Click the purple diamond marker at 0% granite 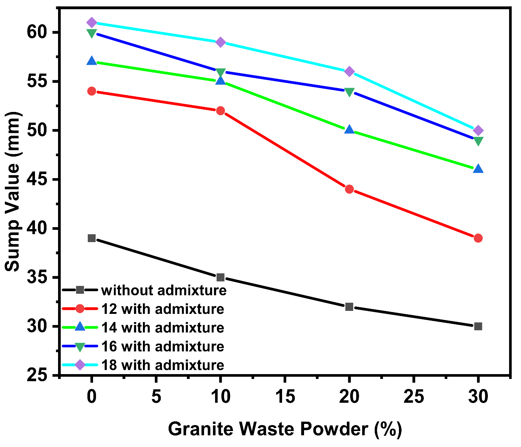[x=92, y=23]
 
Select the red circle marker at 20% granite [x=349, y=189]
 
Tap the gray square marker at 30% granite [x=478, y=326]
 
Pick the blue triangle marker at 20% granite [x=349, y=130]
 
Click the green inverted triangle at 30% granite [x=478, y=141]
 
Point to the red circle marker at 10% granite [x=220, y=110]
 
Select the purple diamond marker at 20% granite [x=349, y=71]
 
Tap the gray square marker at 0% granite [x=92, y=238]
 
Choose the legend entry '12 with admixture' [x=163, y=309]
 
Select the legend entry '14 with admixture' [x=163, y=328]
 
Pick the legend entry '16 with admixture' [x=163, y=346]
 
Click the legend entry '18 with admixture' [x=163, y=365]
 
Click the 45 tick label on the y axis [x=37, y=179]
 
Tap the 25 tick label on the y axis [x=37, y=375]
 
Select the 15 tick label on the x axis [x=285, y=397]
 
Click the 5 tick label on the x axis [x=156, y=397]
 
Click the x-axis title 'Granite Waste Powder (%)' [x=285, y=429]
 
